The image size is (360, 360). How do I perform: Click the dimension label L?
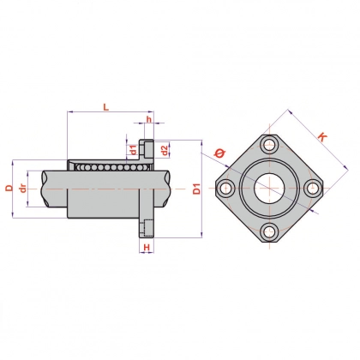click(106, 107)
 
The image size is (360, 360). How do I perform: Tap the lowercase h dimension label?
click(148, 119)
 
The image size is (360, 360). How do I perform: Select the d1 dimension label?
click(133, 149)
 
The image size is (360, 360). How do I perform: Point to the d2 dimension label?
click(164, 150)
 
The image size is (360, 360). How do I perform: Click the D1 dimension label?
click(197, 189)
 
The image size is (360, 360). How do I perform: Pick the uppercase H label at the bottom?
click(147, 247)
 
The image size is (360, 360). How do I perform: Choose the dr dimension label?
click(22, 189)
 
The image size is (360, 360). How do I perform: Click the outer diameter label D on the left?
click(9, 188)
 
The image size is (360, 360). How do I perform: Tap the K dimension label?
click(322, 137)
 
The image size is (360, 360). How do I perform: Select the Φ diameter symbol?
click(219, 153)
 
